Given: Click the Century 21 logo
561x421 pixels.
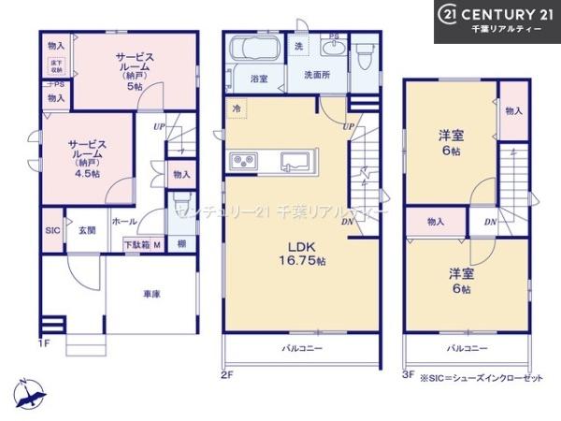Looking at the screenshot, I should tap(496, 21).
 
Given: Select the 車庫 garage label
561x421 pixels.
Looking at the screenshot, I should tap(151, 294).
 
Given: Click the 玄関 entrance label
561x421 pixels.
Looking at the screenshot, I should tap(86, 228).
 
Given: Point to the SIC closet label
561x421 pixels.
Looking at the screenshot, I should tap(52, 229).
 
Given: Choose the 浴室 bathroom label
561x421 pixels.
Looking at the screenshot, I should tap(259, 80).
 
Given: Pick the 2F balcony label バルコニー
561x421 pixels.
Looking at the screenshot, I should tap(302, 349).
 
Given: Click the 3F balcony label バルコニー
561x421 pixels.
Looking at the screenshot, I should tap(464, 349).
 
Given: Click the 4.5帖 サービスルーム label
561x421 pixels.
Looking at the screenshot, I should tap(85, 155).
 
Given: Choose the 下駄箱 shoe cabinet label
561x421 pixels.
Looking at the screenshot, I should tap(137, 245).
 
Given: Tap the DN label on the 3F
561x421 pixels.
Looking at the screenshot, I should tap(490, 222).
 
